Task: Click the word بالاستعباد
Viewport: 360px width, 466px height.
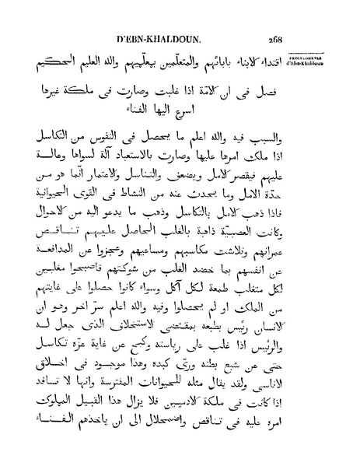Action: point(190,166)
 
